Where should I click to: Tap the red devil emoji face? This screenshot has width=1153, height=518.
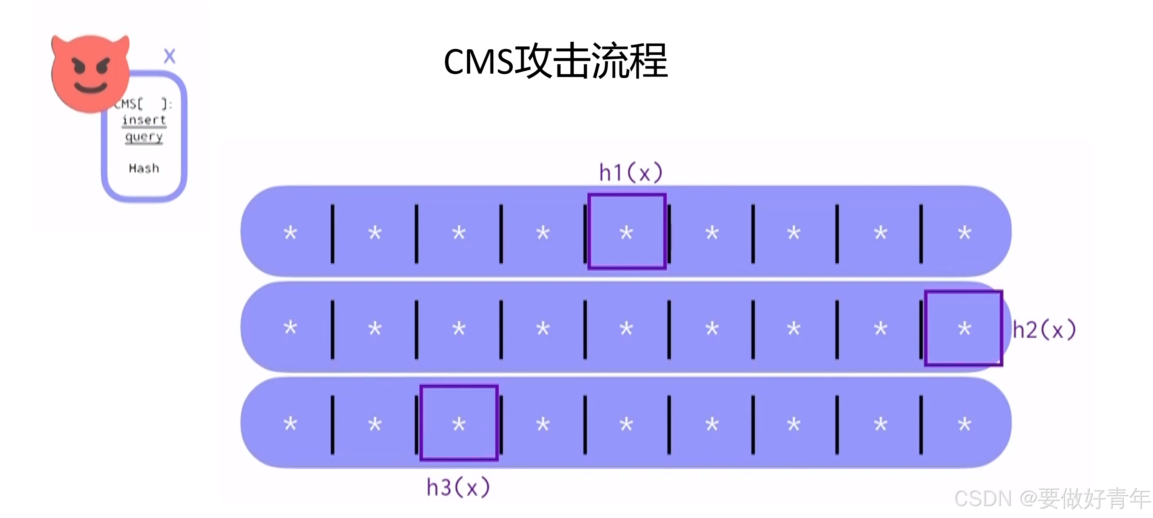click(x=91, y=73)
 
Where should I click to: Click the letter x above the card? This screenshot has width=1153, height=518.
click(x=169, y=56)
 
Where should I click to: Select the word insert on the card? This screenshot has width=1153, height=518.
click(x=144, y=120)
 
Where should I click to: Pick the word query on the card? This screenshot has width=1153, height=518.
click(x=144, y=137)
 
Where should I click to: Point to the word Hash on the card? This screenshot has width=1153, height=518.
click(x=144, y=168)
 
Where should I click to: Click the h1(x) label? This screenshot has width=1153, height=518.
click(x=630, y=173)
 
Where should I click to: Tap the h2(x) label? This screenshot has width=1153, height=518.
click(x=1044, y=331)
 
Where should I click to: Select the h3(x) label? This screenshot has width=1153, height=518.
click(x=458, y=488)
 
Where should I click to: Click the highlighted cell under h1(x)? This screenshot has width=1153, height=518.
click(x=627, y=232)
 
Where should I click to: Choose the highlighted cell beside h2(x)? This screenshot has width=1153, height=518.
click(x=964, y=328)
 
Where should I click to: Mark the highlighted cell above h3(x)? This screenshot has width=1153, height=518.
click(x=459, y=423)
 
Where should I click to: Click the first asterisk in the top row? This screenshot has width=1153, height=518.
click(x=290, y=233)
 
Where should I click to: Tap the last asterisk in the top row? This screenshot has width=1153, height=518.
click(x=964, y=233)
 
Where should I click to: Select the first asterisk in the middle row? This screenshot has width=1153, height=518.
click(x=290, y=328)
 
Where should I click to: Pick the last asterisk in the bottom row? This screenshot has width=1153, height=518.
click(x=964, y=424)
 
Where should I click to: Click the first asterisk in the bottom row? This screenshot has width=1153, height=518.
click(x=290, y=424)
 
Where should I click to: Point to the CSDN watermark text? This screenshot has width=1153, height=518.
click(x=1051, y=498)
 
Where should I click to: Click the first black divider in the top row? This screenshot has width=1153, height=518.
click(x=332, y=234)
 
